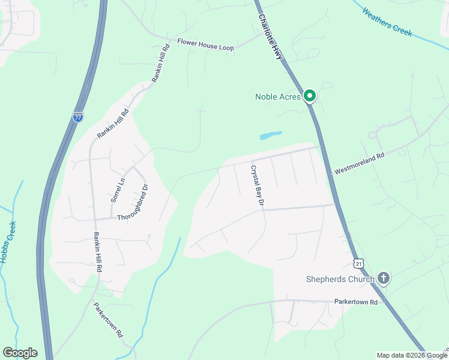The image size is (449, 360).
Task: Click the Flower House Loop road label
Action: [205, 43]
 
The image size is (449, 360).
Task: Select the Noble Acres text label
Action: [278, 96]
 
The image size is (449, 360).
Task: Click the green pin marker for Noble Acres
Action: [310, 95]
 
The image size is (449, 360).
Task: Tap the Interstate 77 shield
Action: [78, 117]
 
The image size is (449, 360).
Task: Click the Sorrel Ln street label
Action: [117, 188]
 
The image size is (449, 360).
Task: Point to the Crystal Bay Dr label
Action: [258, 186]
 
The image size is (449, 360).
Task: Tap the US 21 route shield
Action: [358, 264]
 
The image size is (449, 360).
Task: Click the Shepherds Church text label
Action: [340, 278]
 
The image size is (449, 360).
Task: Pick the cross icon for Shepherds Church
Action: [384, 278]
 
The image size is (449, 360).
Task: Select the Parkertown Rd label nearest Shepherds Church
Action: [356, 302]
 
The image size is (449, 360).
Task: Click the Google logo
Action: [20, 353]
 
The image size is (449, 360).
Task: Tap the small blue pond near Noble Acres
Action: [270, 136]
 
